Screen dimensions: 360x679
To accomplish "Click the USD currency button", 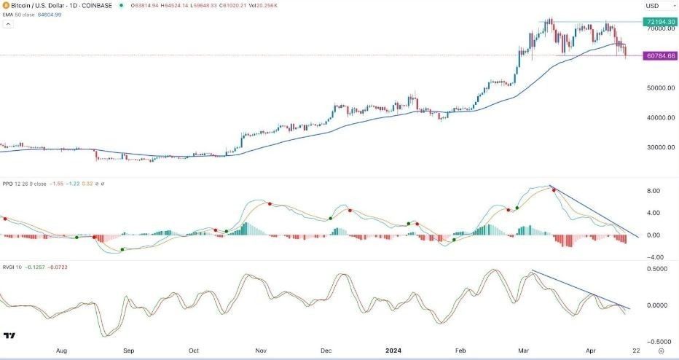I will (x=652, y=6).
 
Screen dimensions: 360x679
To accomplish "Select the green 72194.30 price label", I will (x=659, y=23).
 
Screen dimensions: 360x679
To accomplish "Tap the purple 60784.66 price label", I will (x=659, y=55).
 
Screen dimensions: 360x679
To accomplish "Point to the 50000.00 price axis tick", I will (x=659, y=88).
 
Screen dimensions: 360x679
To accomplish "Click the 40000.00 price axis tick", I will (x=659, y=117).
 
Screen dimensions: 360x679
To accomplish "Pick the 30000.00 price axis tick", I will (x=659, y=147).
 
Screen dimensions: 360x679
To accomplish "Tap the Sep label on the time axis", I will (x=127, y=349).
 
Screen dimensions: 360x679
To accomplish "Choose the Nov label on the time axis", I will (x=259, y=349).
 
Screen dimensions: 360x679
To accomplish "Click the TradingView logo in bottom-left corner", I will (x=10, y=336).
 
